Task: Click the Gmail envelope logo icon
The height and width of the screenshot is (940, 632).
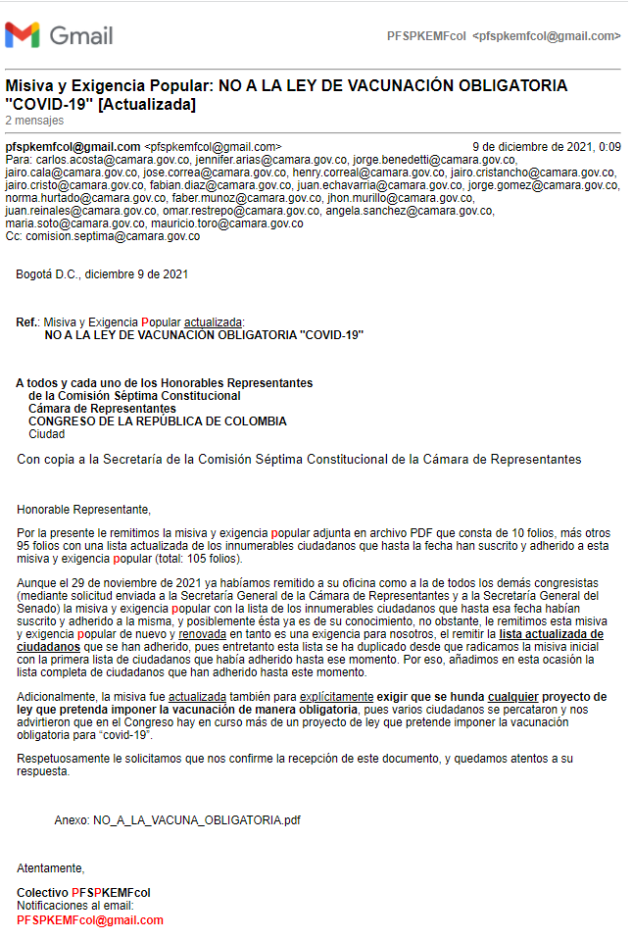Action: [x=23, y=36]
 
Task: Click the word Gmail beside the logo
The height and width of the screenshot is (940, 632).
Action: [x=80, y=36]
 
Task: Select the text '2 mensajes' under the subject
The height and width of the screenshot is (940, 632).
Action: [x=34, y=121]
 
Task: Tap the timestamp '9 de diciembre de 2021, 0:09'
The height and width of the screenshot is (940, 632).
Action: [x=546, y=147]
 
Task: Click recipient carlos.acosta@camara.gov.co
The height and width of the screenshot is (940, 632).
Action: [x=108, y=160]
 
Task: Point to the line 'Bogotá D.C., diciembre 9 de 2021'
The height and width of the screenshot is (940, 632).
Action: [x=102, y=274]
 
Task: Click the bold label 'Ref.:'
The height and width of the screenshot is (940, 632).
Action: [x=28, y=322]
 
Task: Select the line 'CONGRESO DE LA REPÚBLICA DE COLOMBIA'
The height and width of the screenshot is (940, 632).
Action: [x=158, y=421]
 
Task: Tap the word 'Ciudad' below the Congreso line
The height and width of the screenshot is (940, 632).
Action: [x=46, y=434]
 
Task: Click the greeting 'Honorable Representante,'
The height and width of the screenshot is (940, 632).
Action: [x=84, y=509]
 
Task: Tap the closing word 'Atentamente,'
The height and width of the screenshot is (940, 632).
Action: [x=51, y=867]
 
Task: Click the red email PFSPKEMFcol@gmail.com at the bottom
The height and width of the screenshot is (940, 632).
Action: [x=90, y=920]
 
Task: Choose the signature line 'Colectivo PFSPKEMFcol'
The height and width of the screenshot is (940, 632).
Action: [x=83, y=893]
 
